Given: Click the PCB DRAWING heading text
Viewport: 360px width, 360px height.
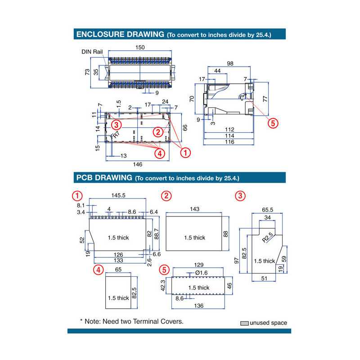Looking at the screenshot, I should (x=104, y=178).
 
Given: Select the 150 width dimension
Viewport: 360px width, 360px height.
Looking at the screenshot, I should (x=140, y=47).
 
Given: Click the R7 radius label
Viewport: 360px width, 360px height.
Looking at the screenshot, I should (x=116, y=134).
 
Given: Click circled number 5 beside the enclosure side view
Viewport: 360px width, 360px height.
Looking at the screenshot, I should (x=272, y=123).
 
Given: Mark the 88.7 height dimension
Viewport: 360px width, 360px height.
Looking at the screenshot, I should (x=156, y=233).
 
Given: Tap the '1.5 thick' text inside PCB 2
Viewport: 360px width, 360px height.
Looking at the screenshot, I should (x=194, y=238).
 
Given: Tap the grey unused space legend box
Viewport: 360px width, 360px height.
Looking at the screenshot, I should (x=244, y=323).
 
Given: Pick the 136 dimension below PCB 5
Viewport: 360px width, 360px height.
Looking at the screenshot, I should (x=198, y=306).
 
